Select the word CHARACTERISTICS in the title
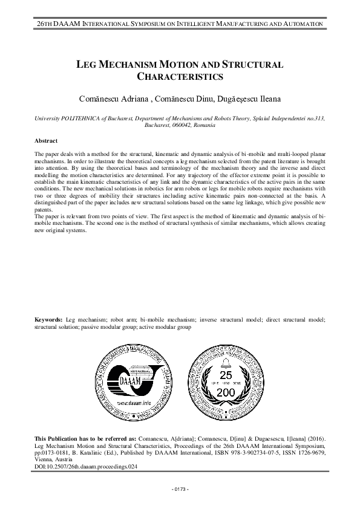tap(180, 77)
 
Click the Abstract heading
tap(47, 141)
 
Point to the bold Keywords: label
tap(48, 318)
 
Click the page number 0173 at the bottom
tap(180, 488)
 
